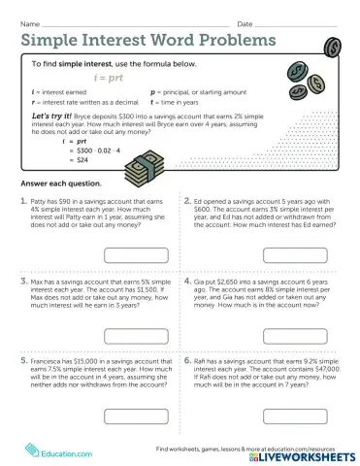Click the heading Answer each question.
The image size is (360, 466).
(x=54, y=183)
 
